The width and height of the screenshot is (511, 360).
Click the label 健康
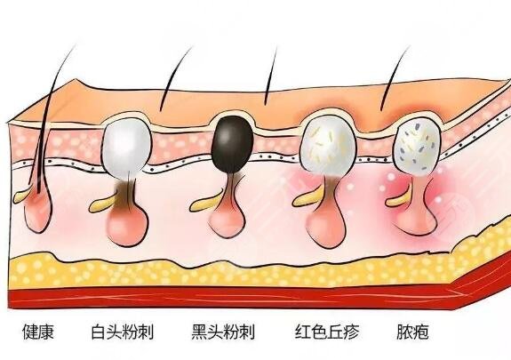pos(38,332)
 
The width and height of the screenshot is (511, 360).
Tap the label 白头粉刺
pos(123,332)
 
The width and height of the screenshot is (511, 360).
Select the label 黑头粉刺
pos(223,332)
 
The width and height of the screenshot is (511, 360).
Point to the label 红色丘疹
pos(327,332)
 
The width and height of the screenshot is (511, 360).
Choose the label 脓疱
pos(412,332)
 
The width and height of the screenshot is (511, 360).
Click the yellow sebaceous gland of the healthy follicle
pos(20,196)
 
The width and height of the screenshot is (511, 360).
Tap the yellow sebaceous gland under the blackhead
pos(204,203)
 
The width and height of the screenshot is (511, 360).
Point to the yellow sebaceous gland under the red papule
pos(306,198)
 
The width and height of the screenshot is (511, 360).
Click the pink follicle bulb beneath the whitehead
pos(128,227)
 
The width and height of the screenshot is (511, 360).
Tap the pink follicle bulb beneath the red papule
pos(326,228)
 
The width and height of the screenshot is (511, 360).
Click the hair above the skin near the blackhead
pos(270,76)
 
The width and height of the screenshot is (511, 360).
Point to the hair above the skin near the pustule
pos(394,77)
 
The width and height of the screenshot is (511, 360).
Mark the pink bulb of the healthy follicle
pos(38,214)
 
